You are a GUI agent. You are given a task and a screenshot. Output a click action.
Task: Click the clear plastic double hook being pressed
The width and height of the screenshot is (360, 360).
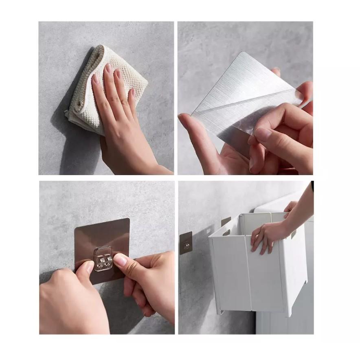point(102,259)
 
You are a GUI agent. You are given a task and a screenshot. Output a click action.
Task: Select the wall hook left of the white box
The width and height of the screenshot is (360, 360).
point(186,243)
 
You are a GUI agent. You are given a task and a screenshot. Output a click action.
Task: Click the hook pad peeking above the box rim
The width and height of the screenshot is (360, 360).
point(226,221)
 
